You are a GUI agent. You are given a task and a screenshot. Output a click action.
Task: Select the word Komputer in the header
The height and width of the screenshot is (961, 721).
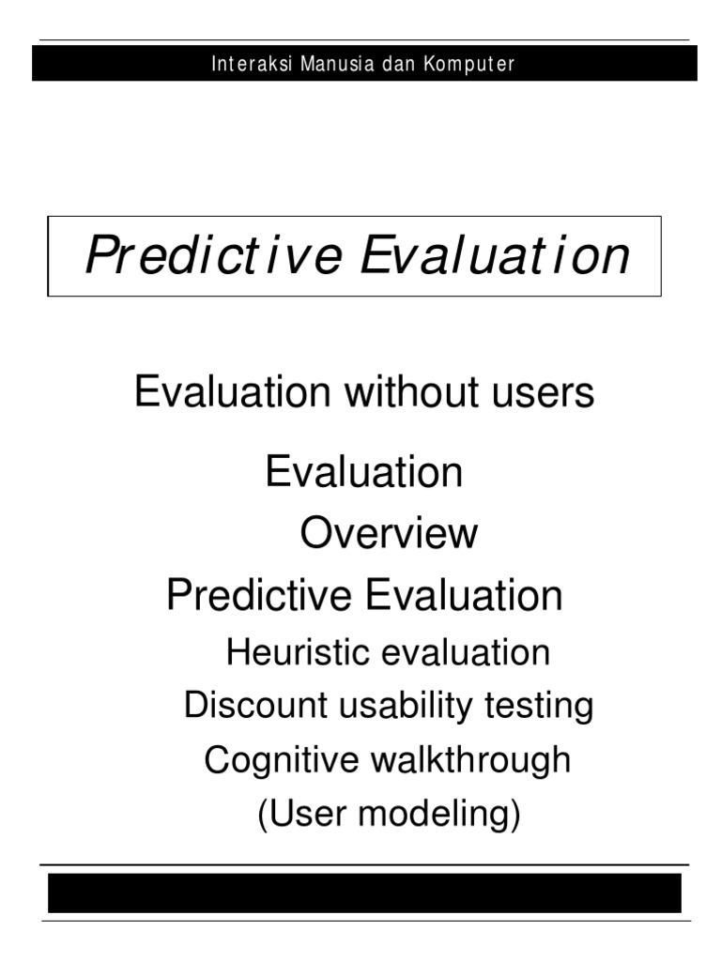click(468, 65)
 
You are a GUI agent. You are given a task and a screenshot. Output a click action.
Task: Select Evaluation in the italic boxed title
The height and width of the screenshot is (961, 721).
click(495, 255)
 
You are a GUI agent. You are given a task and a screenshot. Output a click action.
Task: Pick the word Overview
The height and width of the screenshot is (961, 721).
click(389, 534)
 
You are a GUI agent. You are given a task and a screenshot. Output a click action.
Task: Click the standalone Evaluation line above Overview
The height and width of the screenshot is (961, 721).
click(364, 471)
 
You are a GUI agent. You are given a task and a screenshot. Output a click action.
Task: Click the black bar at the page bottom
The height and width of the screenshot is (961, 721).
click(364, 892)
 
